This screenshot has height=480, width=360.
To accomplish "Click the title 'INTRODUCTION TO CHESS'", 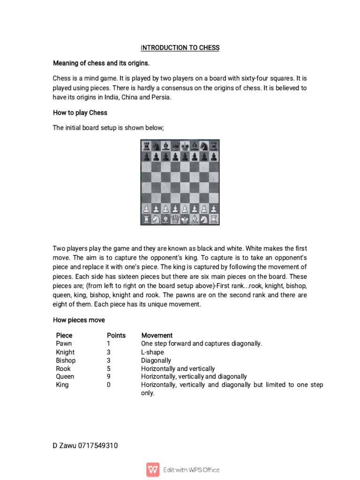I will click(180, 48).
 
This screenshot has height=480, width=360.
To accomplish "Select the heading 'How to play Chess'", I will click(80, 112).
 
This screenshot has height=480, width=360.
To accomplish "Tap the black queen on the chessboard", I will click(175, 146).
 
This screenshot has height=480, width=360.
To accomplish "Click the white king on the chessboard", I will click(185, 218).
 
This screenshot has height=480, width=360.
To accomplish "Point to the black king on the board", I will click(185, 146).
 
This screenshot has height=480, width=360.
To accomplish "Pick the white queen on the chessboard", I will click(175, 218).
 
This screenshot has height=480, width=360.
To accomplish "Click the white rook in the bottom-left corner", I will click(146, 218).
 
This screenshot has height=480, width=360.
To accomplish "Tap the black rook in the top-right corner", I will click(214, 146).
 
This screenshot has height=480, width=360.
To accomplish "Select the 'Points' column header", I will click(116, 336).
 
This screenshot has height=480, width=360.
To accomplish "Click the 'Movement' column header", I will click(157, 336).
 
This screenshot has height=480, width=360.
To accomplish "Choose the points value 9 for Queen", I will click(109, 376).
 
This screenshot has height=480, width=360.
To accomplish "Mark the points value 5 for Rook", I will click(109, 369).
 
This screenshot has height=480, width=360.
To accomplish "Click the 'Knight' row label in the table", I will click(65, 352).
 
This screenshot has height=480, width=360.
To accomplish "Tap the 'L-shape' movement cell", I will click(152, 352).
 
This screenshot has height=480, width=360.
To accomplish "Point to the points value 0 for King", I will click(109, 385).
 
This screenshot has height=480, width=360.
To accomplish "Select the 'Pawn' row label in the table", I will click(64, 344).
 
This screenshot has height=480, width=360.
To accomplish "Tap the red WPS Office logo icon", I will click(153, 469).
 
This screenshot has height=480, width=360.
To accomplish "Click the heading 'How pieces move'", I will click(79, 320).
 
